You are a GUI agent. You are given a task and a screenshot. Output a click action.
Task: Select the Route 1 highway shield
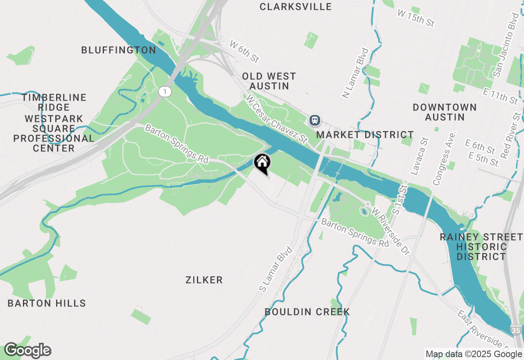(x=165, y=92)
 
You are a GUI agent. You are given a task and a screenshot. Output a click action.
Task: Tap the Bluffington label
(x=118, y=50)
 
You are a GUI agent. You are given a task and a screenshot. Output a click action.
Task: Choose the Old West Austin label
(x=269, y=81)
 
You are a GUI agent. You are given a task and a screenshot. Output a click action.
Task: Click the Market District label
(x=365, y=135)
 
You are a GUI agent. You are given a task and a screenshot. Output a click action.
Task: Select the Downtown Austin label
(x=445, y=112)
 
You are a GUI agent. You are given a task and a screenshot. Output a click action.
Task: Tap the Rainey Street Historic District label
(x=481, y=247)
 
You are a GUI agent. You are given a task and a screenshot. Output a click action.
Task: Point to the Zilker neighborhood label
(x=204, y=280)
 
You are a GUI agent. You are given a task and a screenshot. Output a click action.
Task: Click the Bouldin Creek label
(x=307, y=312)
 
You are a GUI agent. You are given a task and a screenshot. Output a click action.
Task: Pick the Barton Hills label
(x=47, y=303)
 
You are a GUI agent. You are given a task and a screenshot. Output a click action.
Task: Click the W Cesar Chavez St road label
(x=277, y=119)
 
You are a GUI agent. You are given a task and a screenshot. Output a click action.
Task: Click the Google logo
(x=28, y=350)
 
